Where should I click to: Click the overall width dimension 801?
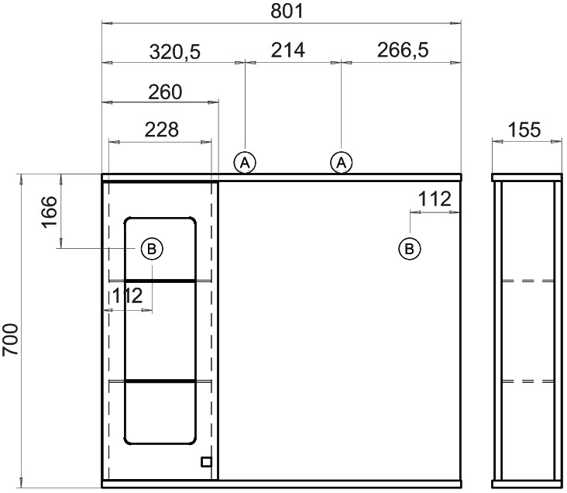(287, 11)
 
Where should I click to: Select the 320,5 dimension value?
(174, 51)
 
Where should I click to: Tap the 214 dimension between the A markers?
(288, 50)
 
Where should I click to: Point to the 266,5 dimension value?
(403, 50)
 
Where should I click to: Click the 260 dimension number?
(165, 92)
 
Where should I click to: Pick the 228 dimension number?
(162, 129)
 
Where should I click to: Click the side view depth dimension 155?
(524, 129)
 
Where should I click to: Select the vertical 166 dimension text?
(50, 212)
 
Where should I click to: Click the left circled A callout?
(245, 163)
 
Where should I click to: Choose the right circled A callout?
(341, 163)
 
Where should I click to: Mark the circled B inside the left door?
(152, 249)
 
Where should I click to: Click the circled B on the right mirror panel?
(409, 249)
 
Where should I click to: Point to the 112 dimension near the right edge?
(435, 198)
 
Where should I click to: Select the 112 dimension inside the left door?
(127, 296)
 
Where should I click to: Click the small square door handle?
(207, 462)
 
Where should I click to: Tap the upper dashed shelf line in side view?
(528, 281)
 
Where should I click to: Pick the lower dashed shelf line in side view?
(528, 381)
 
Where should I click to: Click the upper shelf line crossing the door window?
(160, 280)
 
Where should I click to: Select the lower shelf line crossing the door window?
(160, 381)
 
